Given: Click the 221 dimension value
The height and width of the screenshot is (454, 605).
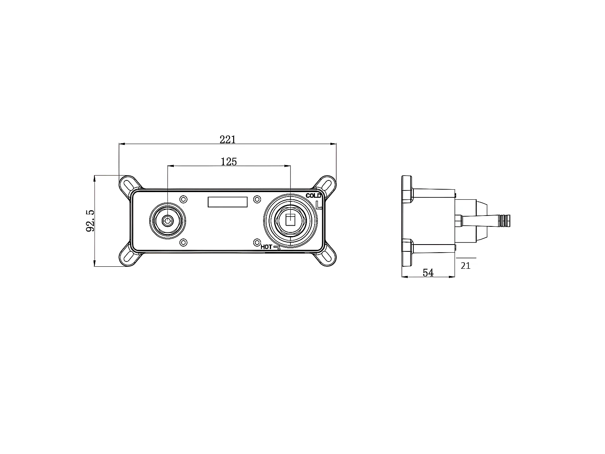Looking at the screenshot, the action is [227, 140].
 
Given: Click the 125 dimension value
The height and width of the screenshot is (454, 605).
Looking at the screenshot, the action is [229, 162].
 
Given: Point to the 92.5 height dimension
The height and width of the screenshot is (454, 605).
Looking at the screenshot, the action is [90, 220].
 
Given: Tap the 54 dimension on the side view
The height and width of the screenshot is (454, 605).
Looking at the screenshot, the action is [428, 273].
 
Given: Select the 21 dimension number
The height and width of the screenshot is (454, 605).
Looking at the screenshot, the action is [465, 266].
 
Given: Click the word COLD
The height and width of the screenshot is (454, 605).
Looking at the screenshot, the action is [313, 196].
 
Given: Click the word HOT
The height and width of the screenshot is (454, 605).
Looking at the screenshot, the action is [266, 247].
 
